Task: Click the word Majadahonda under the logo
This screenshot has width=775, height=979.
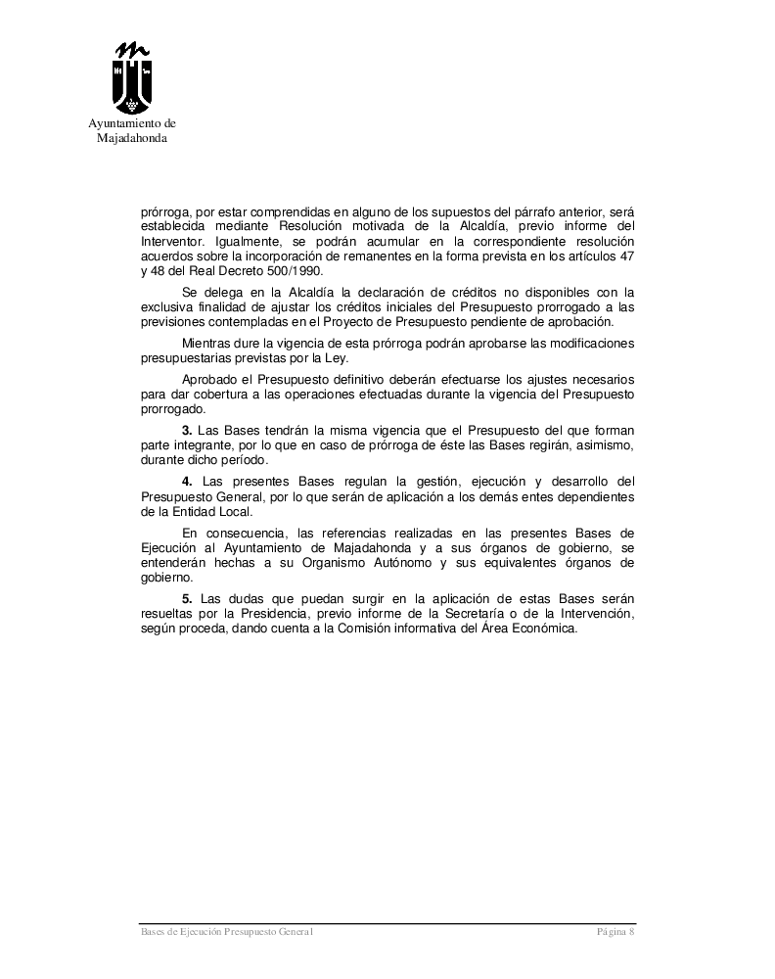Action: pos(132,138)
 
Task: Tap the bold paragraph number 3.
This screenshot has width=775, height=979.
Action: pos(186,430)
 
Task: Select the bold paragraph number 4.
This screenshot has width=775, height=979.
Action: pos(186,481)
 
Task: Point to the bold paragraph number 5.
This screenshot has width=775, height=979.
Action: pos(186,597)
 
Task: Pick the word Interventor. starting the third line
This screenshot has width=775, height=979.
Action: pos(172,240)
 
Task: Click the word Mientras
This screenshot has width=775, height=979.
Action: pos(207,343)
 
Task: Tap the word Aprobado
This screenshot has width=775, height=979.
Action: pos(209,379)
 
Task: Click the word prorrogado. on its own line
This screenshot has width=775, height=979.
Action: pos(172,409)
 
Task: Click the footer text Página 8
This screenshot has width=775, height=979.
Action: pos(615,933)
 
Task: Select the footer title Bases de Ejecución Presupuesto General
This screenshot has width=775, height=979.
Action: pos(227,933)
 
